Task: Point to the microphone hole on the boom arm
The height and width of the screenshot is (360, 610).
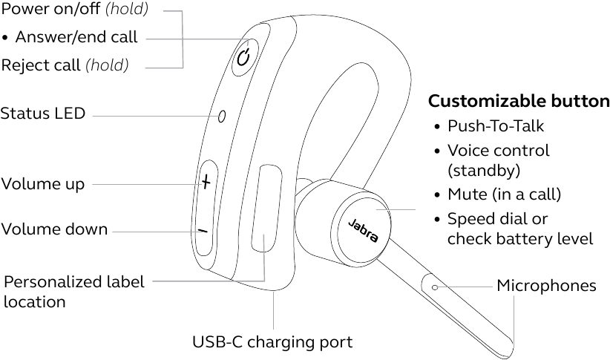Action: (x=434, y=286)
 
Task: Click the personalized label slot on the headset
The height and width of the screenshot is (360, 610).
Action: (x=266, y=210)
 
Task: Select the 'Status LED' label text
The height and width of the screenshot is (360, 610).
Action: (x=43, y=114)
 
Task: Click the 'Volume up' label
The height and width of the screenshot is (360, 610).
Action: (x=43, y=183)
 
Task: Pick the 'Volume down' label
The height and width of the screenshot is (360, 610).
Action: (x=54, y=229)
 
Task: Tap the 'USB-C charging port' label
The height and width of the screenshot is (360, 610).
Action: (x=272, y=342)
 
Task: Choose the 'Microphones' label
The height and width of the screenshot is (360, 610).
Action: (x=546, y=286)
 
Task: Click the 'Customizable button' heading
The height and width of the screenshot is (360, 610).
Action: (x=519, y=102)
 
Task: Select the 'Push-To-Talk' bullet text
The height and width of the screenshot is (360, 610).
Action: (x=495, y=126)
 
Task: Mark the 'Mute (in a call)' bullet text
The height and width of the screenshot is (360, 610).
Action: (x=504, y=195)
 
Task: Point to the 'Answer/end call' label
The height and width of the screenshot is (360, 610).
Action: (x=76, y=37)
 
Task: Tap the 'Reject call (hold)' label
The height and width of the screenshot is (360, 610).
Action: (x=65, y=65)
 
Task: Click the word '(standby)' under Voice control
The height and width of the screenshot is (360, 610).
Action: (x=483, y=170)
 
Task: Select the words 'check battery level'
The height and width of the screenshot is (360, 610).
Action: (x=519, y=239)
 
